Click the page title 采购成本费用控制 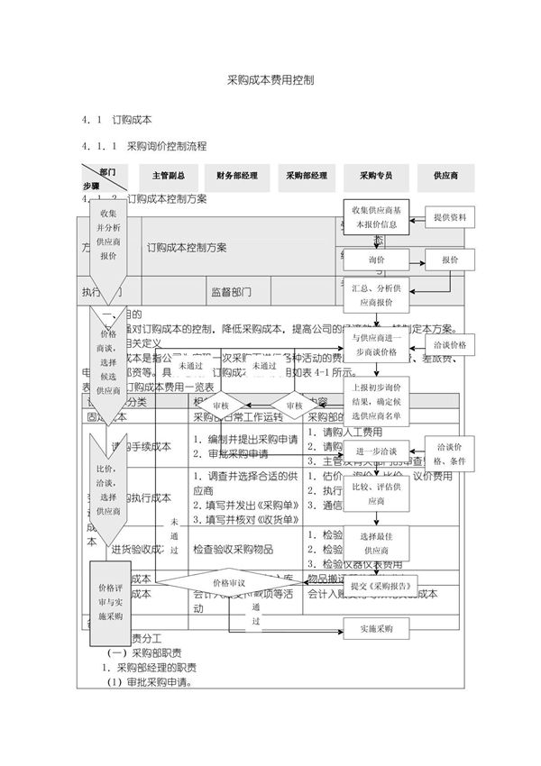(270, 79)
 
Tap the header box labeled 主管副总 (169, 176)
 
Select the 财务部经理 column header (236, 176)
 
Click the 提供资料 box (449, 217)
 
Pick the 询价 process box (375, 260)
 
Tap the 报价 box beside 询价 (449, 260)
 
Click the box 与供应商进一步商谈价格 (377, 344)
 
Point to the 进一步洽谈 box (377, 450)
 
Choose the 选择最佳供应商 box (377, 542)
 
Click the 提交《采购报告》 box (382, 585)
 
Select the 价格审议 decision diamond (229, 583)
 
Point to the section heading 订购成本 (131, 119)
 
